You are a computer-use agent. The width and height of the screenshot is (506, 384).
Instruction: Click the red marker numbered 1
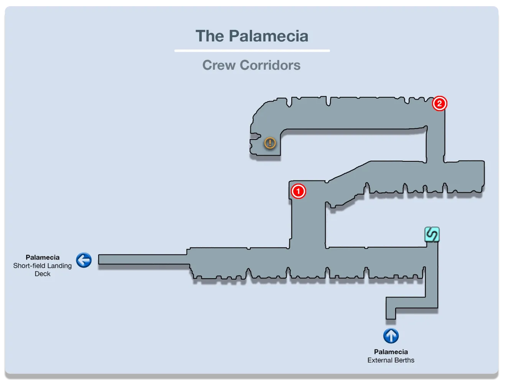(x=298, y=191)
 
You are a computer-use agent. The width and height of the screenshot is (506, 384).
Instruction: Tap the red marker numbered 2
(x=439, y=103)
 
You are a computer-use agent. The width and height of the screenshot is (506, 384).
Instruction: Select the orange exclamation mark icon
(x=270, y=143)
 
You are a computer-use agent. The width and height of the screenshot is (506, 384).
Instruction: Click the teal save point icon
(x=432, y=234)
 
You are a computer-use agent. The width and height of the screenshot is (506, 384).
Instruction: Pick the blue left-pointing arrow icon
(x=84, y=260)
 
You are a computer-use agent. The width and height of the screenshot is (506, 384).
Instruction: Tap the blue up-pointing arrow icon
(x=391, y=336)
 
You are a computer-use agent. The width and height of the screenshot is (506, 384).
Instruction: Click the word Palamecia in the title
(x=268, y=36)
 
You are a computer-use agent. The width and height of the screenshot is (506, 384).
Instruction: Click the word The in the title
(x=210, y=36)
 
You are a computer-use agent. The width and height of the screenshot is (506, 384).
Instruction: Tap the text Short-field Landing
(x=43, y=266)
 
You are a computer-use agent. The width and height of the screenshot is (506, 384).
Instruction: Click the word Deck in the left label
(x=43, y=274)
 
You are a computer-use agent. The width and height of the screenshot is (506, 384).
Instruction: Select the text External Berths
(x=391, y=360)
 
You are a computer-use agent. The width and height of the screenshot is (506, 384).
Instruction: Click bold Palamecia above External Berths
(x=391, y=352)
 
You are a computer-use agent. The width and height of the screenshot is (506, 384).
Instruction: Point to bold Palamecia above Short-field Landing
(x=43, y=258)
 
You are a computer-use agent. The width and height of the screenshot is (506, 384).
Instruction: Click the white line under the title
(x=252, y=51)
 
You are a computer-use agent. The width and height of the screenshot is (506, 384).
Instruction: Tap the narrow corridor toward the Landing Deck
(x=142, y=259)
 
